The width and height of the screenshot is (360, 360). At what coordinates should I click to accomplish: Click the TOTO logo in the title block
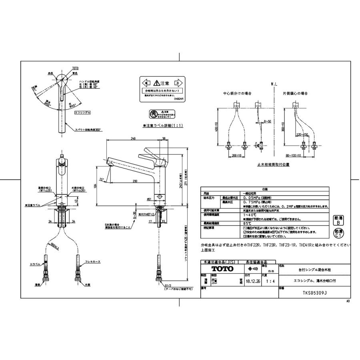[x=222, y=268]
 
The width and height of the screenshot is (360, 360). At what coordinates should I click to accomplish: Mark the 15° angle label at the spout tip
[x=102, y=179]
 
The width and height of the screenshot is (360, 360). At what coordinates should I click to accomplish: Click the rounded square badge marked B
[x=338, y=220]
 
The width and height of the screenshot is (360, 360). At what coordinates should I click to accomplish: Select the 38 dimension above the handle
[x=164, y=139]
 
